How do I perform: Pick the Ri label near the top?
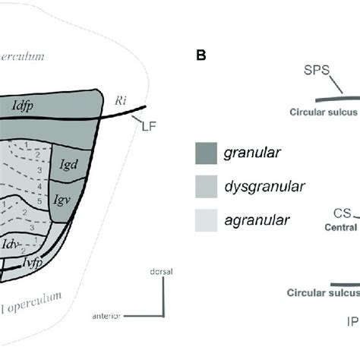121,99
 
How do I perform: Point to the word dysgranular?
262,187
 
